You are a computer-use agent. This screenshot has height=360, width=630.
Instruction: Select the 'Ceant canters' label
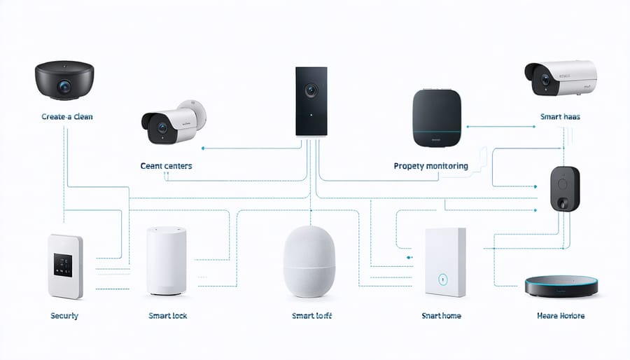click(166, 167)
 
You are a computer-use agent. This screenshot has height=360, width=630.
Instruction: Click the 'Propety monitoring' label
click(430, 167)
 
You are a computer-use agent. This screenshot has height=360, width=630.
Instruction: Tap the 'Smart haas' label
click(561, 117)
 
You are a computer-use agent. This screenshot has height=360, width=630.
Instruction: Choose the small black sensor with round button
click(565, 188)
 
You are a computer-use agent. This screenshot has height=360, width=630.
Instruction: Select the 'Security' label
click(64, 316)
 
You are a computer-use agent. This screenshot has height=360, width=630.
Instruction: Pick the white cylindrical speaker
click(167, 260)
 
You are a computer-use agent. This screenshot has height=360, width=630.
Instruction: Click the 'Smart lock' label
click(168, 316)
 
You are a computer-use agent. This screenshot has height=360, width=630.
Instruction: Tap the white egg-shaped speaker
click(311, 258)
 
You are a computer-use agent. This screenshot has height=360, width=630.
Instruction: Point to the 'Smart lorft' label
click(311, 316)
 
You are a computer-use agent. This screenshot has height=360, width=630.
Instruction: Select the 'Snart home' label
click(441, 316)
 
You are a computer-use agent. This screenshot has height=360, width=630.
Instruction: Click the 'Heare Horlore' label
click(561, 316)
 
